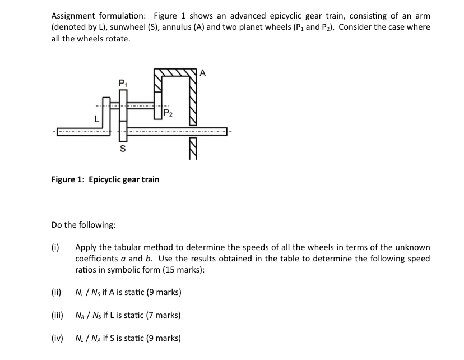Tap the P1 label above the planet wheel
[x=123, y=82]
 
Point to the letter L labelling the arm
[x=97, y=119]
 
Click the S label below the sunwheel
[x=122, y=150]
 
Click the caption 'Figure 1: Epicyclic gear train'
[x=105, y=179]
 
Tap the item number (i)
[x=55, y=247]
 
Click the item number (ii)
[x=56, y=292]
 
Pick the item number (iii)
[x=57, y=315]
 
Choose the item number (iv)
[x=57, y=338]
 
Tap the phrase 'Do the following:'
[x=83, y=225]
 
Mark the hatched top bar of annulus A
[x=177, y=73]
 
